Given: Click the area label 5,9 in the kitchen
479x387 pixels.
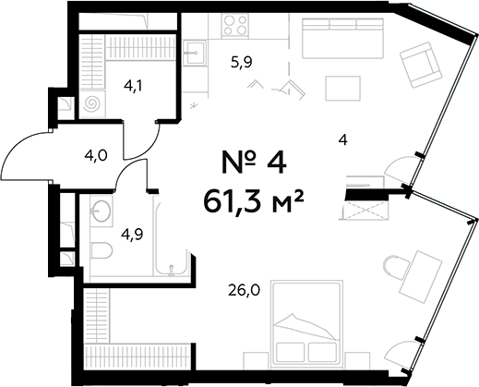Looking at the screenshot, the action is point(241,63).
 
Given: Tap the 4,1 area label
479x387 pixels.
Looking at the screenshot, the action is point(134,86).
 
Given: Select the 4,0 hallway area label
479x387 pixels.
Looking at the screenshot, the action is point(96,156).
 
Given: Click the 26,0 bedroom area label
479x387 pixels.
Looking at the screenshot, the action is point(245,290).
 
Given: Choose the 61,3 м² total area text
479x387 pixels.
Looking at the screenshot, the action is point(254,201).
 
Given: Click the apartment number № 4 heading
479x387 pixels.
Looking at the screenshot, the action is point(254,163).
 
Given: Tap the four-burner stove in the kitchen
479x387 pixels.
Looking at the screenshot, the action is point(235,26).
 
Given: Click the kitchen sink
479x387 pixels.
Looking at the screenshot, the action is point(195,53).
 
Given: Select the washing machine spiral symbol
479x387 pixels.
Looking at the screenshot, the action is point(92,103).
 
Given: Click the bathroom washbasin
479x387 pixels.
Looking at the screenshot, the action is point(102,211).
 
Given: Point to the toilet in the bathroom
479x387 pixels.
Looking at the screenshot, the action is point(102,250).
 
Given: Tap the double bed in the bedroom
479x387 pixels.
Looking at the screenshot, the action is point(306,324).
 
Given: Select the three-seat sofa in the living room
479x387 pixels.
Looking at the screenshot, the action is point(343,38).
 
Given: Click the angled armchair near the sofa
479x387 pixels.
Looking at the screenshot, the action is point(421,65).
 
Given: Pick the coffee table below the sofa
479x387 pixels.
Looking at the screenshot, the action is point(342,88).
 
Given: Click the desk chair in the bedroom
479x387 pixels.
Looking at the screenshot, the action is point(395,267).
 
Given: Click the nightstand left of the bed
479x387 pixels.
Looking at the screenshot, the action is point(257,360).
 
